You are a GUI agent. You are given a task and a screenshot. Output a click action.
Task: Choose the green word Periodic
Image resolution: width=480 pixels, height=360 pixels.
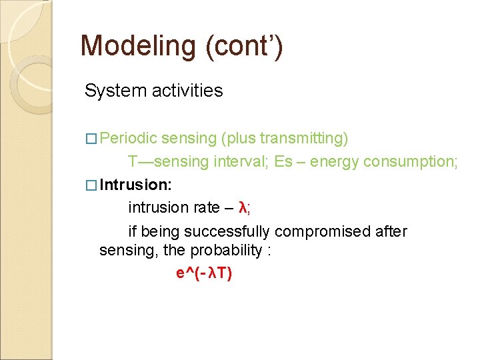click(129, 138)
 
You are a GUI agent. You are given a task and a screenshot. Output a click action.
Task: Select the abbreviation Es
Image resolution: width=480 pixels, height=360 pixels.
click(283, 162)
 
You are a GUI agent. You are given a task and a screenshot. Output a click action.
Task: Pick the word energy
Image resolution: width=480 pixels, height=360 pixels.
click(335, 162)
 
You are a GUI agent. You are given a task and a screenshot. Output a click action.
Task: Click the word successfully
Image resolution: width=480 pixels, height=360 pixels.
click(227, 231)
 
